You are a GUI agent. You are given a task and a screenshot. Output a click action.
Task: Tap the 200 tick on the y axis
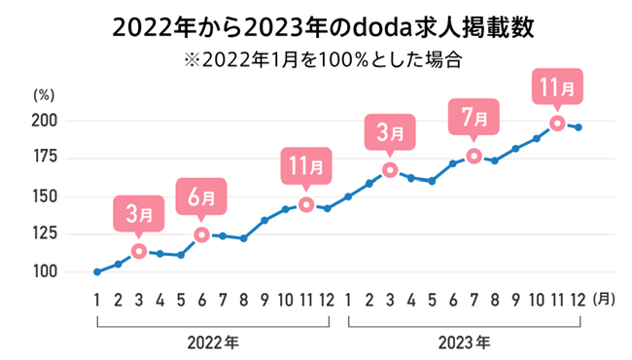tap(46, 121)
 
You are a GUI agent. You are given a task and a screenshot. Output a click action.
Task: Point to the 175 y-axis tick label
tap(46, 158)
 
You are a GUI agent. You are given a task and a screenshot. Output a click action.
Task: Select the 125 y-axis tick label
tap(46, 234)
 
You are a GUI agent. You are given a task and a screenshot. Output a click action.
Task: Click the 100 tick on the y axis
tap(46, 271)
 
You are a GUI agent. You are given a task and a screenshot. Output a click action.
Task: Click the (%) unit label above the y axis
tap(46, 95)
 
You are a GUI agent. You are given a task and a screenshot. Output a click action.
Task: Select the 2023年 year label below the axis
tap(464, 342)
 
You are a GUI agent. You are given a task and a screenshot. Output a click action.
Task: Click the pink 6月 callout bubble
tap(201, 196)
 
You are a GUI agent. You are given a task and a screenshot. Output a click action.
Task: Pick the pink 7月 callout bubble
tap(474, 117)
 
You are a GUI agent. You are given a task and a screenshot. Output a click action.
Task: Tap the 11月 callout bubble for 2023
tap(557, 86)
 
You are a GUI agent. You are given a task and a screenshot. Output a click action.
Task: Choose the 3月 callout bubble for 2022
tap(139, 212)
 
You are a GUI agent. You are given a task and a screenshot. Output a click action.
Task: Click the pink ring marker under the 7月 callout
tap(474, 156)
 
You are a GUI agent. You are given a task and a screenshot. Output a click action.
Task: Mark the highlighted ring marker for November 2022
tap(306, 204)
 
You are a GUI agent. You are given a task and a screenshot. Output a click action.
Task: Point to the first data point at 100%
tap(97, 271)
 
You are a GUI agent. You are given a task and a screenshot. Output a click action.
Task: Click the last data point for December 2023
tap(579, 127)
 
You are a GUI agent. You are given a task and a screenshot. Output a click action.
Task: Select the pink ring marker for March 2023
tap(390, 170)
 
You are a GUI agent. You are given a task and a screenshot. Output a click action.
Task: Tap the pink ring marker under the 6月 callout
tap(201, 234)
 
